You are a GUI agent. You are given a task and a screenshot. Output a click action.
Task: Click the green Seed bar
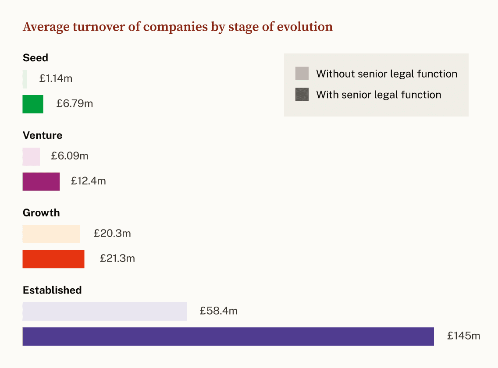33,104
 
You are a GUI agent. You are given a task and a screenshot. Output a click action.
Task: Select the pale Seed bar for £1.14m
25,79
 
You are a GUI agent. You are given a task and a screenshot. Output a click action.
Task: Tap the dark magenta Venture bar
41,182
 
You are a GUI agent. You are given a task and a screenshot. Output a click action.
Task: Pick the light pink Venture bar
31,156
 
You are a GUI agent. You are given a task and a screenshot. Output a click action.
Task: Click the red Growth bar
53,259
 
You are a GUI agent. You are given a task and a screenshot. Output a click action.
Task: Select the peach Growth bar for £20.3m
51,234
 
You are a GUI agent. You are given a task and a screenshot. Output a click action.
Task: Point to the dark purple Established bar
228,336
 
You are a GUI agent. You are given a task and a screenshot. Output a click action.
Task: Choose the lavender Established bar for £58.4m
105,311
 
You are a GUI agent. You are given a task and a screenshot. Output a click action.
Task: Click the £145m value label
463,336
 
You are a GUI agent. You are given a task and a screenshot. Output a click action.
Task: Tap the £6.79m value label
75,103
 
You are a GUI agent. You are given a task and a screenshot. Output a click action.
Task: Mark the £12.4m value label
88,181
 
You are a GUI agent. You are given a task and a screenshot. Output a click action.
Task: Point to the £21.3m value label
117,258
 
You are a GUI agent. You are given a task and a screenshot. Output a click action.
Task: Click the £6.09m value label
70,156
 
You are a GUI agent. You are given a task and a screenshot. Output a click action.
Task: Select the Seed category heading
36,58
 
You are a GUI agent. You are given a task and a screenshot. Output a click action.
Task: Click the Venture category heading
43,135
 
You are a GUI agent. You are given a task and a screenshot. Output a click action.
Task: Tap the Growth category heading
41,213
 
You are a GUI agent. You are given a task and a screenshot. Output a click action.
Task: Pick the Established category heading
52,290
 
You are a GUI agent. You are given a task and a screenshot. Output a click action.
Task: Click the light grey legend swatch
302,73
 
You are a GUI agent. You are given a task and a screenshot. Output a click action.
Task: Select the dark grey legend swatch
302,94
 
